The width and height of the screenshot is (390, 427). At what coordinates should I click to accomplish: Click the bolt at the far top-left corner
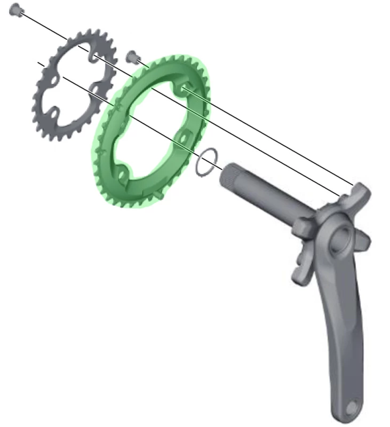(16, 9)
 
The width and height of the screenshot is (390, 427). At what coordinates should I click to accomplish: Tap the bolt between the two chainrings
(131, 56)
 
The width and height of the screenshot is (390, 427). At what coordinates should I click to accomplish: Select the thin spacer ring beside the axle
(207, 162)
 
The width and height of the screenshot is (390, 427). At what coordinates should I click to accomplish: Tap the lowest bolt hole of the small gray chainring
(54, 113)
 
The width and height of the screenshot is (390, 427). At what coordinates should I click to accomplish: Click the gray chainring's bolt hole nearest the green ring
(96, 86)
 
